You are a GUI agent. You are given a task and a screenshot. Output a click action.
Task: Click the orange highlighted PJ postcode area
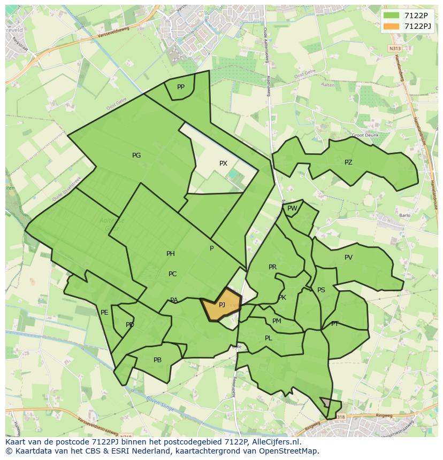[x=222, y=305]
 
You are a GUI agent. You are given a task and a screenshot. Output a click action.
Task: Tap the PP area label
[x=181, y=87]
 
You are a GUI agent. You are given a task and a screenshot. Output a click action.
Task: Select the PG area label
[x=136, y=155]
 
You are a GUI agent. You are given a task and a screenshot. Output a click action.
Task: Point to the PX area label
[x=223, y=163]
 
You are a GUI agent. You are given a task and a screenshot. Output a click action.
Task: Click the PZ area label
[x=348, y=162]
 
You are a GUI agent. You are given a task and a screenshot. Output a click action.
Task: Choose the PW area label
[x=292, y=208]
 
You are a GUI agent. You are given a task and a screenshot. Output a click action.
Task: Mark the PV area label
[x=348, y=258]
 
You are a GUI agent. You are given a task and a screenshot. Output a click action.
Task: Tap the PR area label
[x=272, y=267]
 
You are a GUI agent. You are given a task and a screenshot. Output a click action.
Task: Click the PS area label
[x=321, y=290]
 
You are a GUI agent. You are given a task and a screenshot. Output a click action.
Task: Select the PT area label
[x=335, y=324]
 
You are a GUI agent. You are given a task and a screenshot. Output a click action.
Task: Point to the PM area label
[x=277, y=321]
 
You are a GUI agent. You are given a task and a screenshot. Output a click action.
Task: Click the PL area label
[x=269, y=338]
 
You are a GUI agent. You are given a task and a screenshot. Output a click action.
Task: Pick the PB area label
[x=157, y=360]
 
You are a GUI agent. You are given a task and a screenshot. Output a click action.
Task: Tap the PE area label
[x=104, y=313]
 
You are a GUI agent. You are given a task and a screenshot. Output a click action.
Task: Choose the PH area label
[x=171, y=254]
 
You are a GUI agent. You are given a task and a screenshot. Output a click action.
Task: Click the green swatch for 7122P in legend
[x=392, y=15]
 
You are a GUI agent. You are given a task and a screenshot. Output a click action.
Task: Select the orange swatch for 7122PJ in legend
[x=392, y=26]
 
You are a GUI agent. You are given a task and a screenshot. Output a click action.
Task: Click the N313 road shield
[x=394, y=48]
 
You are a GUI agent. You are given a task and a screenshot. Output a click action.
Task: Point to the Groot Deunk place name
[x=365, y=135]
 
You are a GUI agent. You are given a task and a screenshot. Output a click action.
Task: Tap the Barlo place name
[x=404, y=216]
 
